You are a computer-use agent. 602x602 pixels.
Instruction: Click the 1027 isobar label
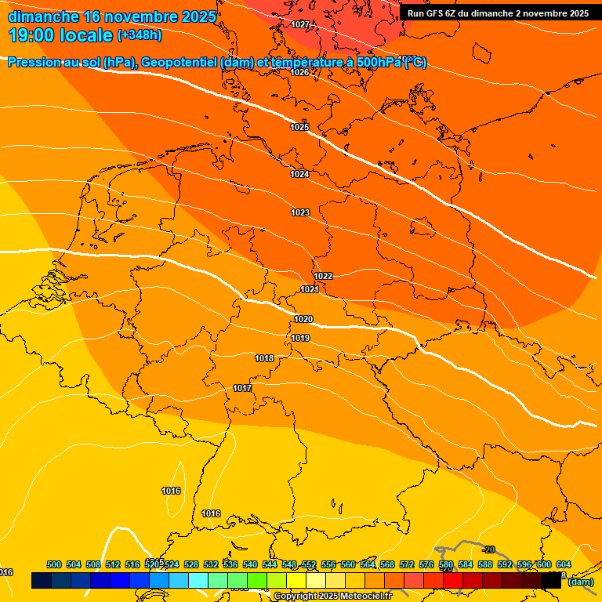(299, 24)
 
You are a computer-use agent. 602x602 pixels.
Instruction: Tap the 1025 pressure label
(299, 127)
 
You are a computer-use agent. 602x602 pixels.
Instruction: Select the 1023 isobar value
(300, 212)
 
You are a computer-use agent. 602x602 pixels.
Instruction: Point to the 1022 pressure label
(323, 276)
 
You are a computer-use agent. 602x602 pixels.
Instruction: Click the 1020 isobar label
(303, 319)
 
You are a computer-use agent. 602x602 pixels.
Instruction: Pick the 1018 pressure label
(264, 358)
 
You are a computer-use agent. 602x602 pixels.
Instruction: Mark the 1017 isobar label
(242, 388)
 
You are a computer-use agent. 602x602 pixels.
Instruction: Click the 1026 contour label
(299, 72)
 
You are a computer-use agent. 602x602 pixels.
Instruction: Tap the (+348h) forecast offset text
(140, 35)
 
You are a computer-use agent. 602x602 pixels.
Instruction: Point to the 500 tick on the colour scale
(54, 564)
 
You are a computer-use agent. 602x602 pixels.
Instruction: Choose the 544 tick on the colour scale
(270, 564)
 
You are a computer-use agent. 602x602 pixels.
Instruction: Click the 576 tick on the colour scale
(426, 564)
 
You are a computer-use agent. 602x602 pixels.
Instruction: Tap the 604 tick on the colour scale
(564, 564)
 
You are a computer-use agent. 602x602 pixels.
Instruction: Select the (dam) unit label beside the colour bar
(580, 582)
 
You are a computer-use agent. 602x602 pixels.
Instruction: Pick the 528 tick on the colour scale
(191, 564)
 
